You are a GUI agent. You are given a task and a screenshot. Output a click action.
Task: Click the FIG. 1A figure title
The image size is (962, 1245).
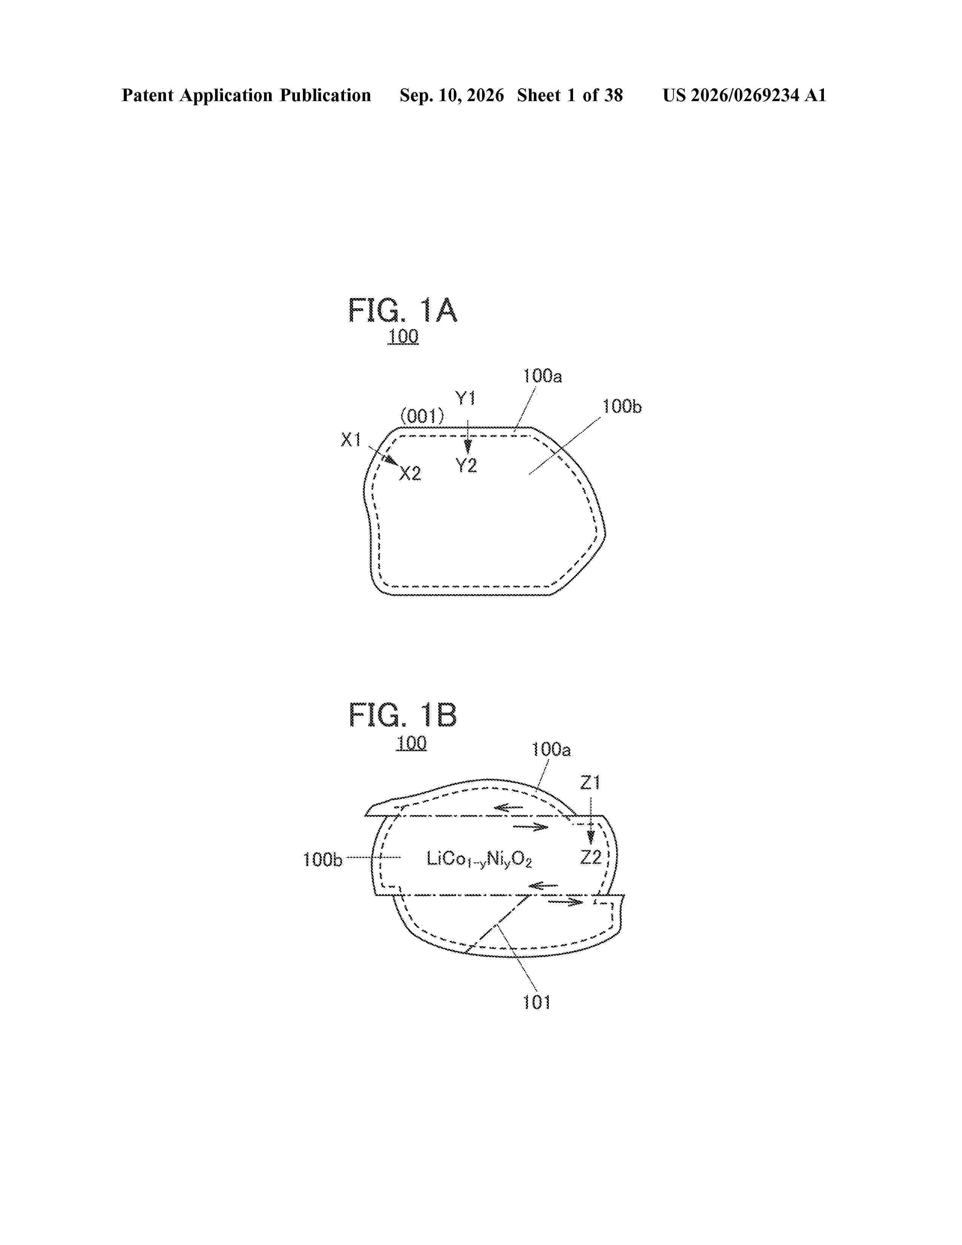(403, 310)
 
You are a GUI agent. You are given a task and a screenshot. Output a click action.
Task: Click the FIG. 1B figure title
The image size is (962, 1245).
(403, 715)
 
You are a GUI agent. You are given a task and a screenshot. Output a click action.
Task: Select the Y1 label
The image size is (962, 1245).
(465, 398)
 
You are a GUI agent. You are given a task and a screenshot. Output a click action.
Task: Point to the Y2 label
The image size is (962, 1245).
(466, 466)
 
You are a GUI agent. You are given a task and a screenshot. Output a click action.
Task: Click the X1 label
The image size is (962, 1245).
(351, 440)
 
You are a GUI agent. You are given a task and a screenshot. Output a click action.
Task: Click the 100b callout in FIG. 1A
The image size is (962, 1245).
(622, 406)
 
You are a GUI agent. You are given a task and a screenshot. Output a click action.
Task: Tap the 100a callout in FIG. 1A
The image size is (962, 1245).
(542, 376)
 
